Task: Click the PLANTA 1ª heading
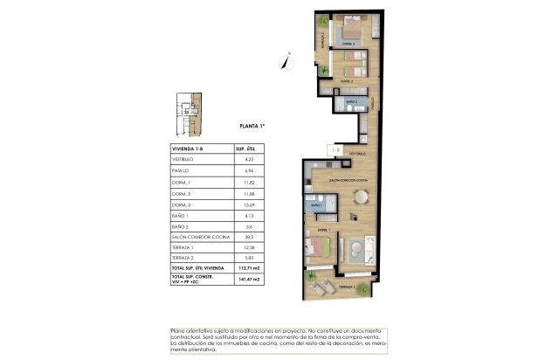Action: click(x=252, y=127)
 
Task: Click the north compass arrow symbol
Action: click(x=285, y=60)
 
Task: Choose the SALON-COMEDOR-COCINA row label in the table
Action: click(x=198, y=237)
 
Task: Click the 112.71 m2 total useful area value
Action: click(x=250, y=268)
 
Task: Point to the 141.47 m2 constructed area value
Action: click(x=250, y=280)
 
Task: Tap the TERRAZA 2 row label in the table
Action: click(x=183, y=258)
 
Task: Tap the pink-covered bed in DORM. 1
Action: click(x=318, y=247)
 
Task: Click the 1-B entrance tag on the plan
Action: click(x=335, y=149)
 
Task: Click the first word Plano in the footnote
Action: click(x=181, y=330)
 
